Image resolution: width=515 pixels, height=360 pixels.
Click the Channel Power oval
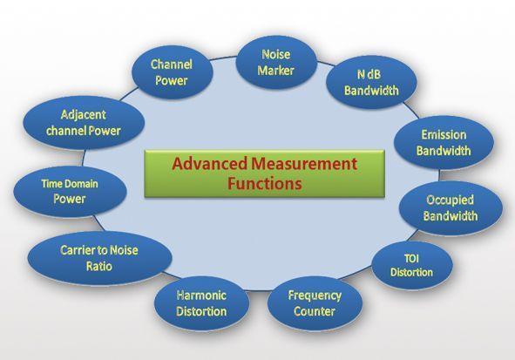click(173, 72)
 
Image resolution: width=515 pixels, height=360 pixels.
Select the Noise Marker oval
click(276, 63)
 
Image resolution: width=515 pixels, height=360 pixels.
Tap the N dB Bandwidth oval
click(371, 82)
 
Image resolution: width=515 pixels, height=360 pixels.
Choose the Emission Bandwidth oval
click(444, 143)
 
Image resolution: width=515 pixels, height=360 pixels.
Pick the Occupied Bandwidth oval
click(451, 208)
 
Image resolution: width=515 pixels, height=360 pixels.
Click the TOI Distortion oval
click(412, 265)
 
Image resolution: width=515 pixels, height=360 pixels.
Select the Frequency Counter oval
click(315, 303)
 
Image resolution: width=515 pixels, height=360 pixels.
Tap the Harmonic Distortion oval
click(201, 303)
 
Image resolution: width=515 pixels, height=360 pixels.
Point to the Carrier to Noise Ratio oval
click(99, 258)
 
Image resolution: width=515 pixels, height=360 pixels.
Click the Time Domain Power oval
click(70, 192)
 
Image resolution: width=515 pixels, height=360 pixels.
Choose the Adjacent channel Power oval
click(84, 123)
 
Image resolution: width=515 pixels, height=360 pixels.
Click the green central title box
click(264, 173)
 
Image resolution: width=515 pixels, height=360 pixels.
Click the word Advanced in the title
click(209, 164)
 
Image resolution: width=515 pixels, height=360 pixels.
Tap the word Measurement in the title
click(304, 164)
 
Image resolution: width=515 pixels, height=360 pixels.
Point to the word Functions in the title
click(265, 184)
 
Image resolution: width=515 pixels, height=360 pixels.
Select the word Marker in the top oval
click(275, 71)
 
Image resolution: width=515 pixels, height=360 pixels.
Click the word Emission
click(444, 134)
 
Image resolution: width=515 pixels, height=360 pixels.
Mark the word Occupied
click(450, 200)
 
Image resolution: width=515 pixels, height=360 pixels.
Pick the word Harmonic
click(201, 295)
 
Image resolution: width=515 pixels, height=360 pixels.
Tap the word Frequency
click(315, 295)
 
